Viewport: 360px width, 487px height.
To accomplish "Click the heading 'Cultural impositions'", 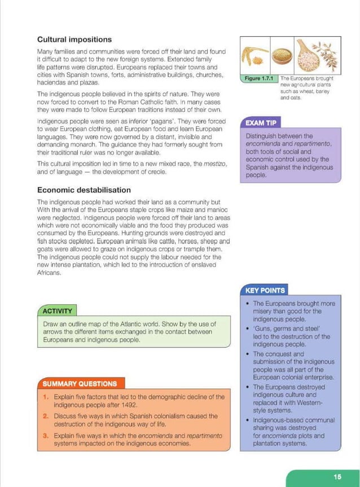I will [74, 40].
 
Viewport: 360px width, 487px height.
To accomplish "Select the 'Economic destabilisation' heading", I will [84, 190].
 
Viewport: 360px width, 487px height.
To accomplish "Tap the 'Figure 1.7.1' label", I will [260, 79].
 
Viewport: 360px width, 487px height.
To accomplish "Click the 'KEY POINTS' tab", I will [265, 291].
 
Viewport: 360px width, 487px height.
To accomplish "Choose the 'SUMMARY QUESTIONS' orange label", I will [80, 384].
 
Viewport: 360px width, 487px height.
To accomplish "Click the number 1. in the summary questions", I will [46, 397].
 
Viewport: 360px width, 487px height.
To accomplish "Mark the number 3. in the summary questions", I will [46, 436].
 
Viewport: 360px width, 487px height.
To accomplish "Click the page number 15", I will [337, 477].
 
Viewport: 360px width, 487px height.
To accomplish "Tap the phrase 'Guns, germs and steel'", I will [287, 328].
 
